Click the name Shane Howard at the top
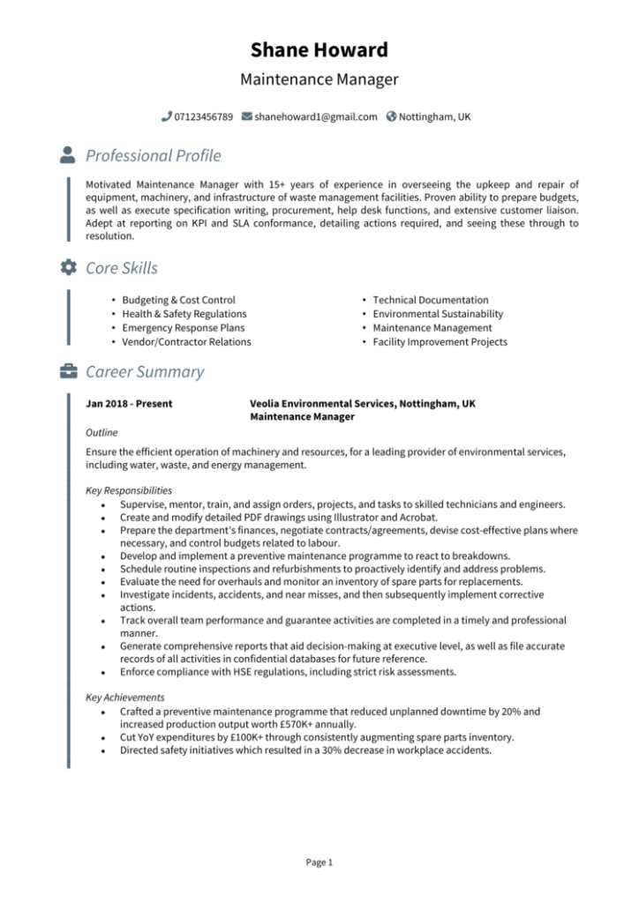[319, 49]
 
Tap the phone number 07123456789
[204, 116]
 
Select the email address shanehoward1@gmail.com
[315, 116]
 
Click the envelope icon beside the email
[246, 116]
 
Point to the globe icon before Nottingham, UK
[391, 116]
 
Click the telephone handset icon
[167, 116]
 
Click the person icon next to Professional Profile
[68, 155]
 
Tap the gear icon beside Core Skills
[68, 267]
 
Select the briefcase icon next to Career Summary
[68, 371]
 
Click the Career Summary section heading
[145, 371]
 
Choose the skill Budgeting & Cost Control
[178, 300]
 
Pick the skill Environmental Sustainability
[438, 314]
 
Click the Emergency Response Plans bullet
[183, 328]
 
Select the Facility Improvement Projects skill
[440, 342]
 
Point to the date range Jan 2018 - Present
[129, 404]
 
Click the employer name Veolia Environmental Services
[322, 404]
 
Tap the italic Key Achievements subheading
[124, 698]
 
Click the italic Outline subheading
[101, 433]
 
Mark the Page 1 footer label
[319, 862]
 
